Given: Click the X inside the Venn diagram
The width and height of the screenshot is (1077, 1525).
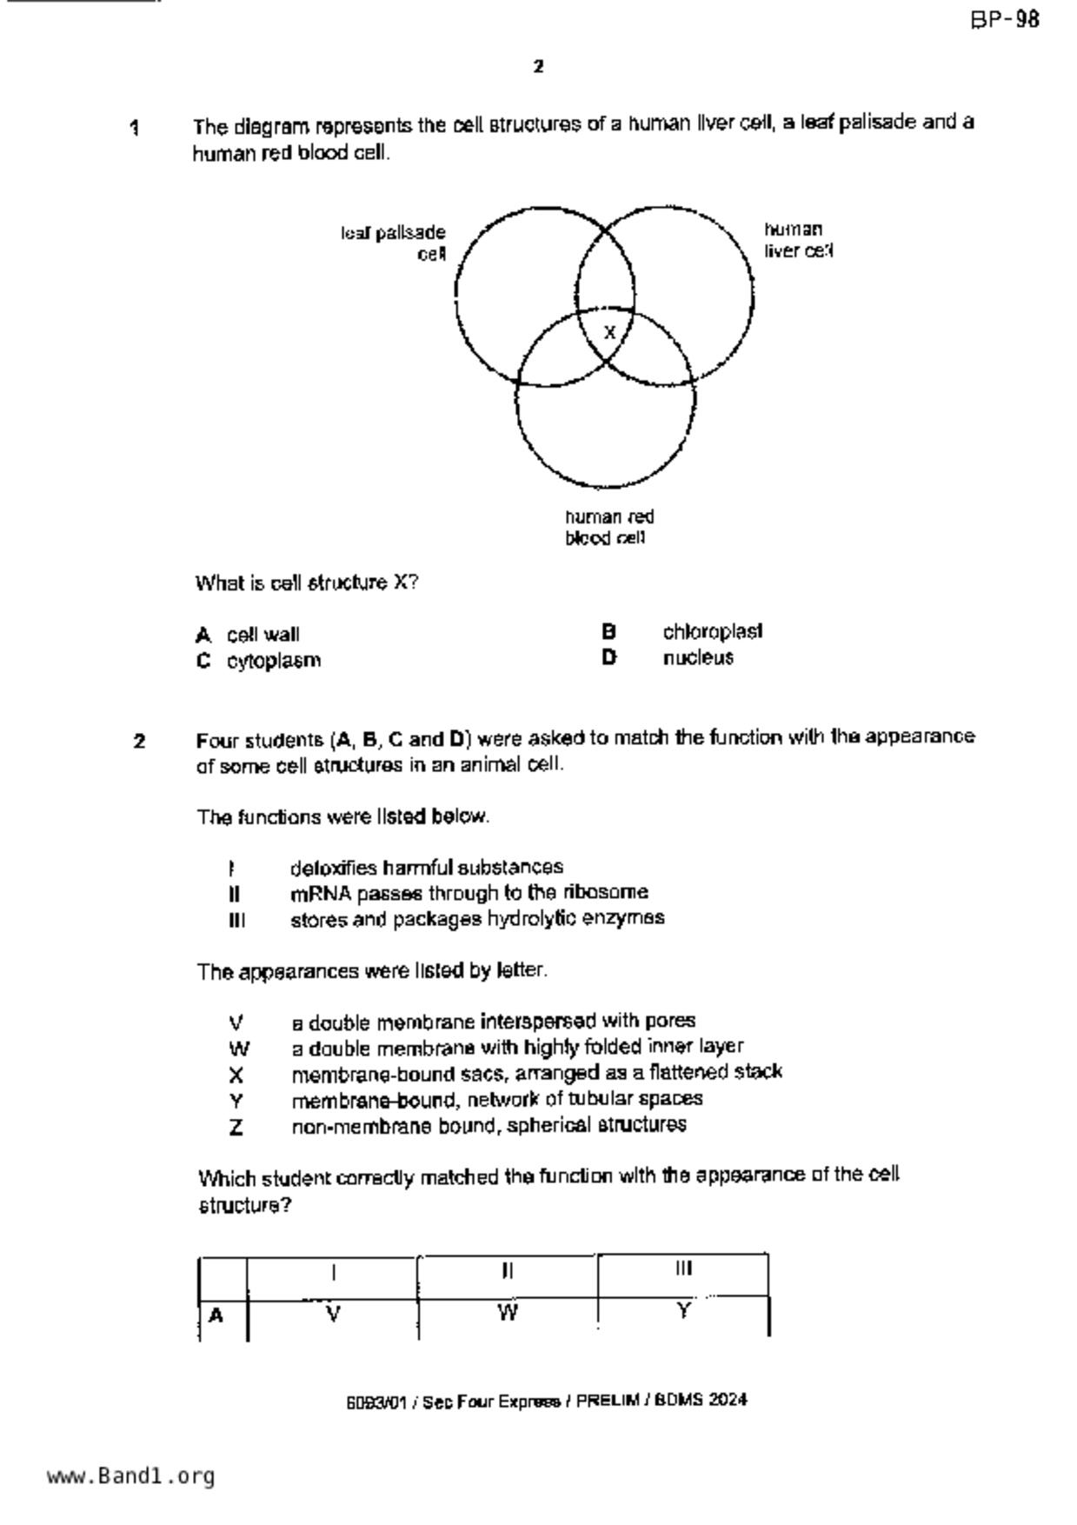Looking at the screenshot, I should click(x=609, y=332).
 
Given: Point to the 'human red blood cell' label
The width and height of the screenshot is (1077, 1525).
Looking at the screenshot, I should click(x=608, y=527).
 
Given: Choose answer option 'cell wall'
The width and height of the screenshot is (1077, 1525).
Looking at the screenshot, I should click(x=263, y=635).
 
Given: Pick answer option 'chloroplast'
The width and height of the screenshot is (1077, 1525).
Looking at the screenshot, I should click(x=712, y=631).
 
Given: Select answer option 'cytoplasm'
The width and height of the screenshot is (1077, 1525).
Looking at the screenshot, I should click(x=274, y=661).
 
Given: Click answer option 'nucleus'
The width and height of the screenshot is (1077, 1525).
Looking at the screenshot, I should click(x=698, y=658).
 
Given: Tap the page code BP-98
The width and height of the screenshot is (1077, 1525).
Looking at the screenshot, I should click(x=1005, y=20).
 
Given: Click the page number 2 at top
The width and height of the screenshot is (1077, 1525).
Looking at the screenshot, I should click(x=539, y=66).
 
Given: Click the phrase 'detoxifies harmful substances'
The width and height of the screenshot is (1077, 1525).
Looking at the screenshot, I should click(x=427, y=868).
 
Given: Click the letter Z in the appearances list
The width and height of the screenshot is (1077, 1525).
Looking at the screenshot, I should click(x=236, y=1128).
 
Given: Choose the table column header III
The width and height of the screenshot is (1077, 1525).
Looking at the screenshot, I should click(x=683, y=1269).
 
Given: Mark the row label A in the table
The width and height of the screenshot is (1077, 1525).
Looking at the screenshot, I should click(x=216, y=1315).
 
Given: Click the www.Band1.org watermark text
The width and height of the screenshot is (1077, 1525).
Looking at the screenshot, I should click(x=130, y=1476).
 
